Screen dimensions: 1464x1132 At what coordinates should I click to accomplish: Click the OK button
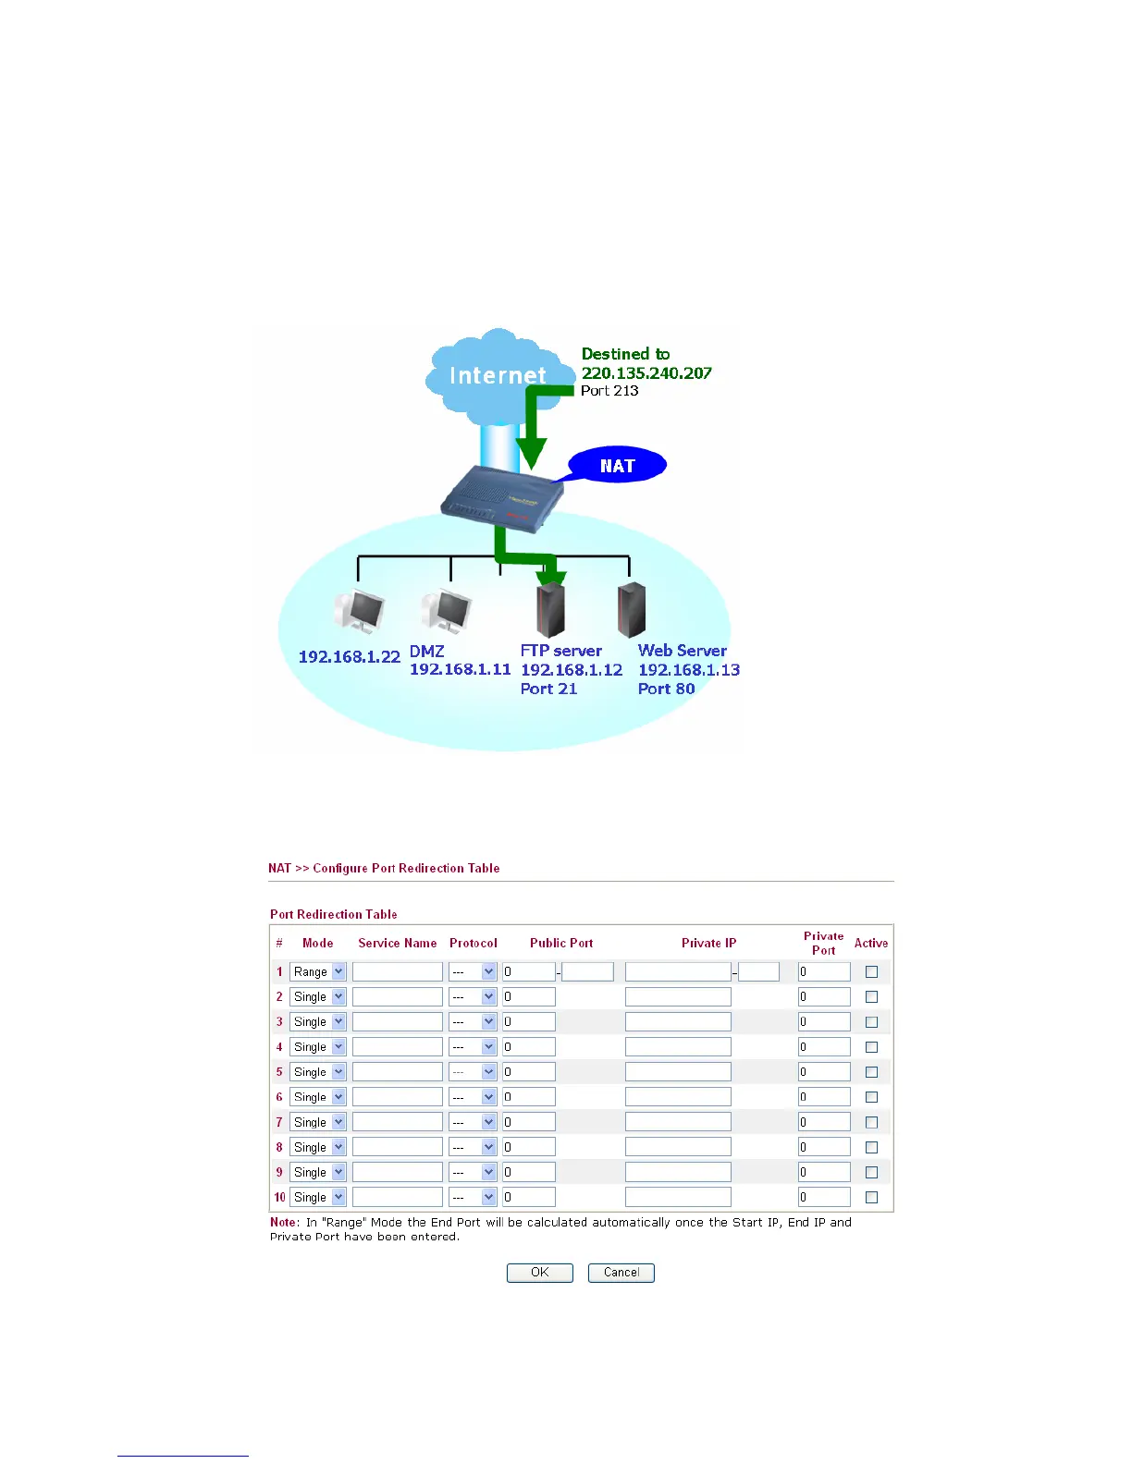pyautogui.click(x=540, y=1273)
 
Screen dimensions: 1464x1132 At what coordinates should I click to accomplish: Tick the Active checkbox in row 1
pyautogui.click(x=871, y=971)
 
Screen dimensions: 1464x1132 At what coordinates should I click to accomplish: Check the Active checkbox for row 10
pyautogui.click(x=871, y=1197)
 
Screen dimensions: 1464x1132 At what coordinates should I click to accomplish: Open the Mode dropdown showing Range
pyautogui.click(x=317, y=971)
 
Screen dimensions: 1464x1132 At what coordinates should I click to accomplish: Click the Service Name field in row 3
pyautogui.click(x=398, y=1021)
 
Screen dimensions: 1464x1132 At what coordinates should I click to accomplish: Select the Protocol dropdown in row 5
pyautogui.click(x=474, y=1072)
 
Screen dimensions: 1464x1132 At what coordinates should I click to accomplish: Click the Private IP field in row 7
pyautogui.click(x=678, y=1122)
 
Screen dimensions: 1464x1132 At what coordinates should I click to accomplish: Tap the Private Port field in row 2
pyautogui.click(x=824, y=996)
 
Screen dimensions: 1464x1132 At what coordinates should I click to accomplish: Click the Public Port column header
pyautogui.click(x=561, y=943)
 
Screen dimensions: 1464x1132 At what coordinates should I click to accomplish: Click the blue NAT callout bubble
pyautogui.click(x=617, y=466)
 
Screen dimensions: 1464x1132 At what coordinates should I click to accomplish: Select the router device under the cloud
pyautogui.click(x=501, y=496)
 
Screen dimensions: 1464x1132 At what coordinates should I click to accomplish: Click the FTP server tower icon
pyautogui.click(x=550, y=609)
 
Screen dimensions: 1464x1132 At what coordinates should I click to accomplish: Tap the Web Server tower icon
pyautogui.click(x=631, y=609)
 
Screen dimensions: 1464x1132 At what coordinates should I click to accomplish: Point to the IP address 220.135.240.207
pyautogui.click(x=646, y=373)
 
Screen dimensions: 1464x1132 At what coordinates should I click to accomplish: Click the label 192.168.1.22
pyautogui.click(x=349, y=657)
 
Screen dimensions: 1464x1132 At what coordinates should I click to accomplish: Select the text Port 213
pyautogui.click(x=609, y=391)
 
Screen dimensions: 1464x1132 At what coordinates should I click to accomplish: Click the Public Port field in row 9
pyautogui.click(x=529, y=1172)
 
